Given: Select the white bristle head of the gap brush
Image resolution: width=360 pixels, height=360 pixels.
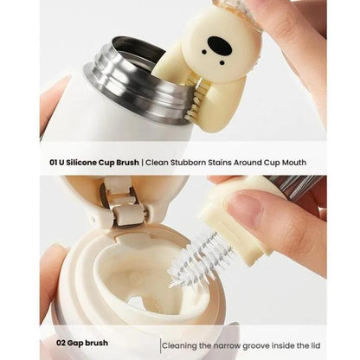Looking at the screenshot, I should pyautogui.click(x=196, y=260).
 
